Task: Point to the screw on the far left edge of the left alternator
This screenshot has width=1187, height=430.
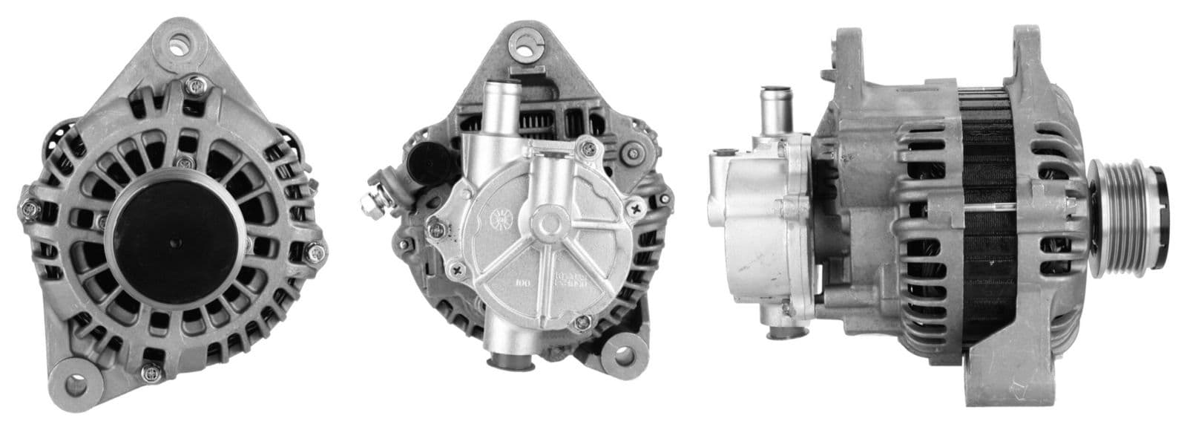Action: tap(27, 209)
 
